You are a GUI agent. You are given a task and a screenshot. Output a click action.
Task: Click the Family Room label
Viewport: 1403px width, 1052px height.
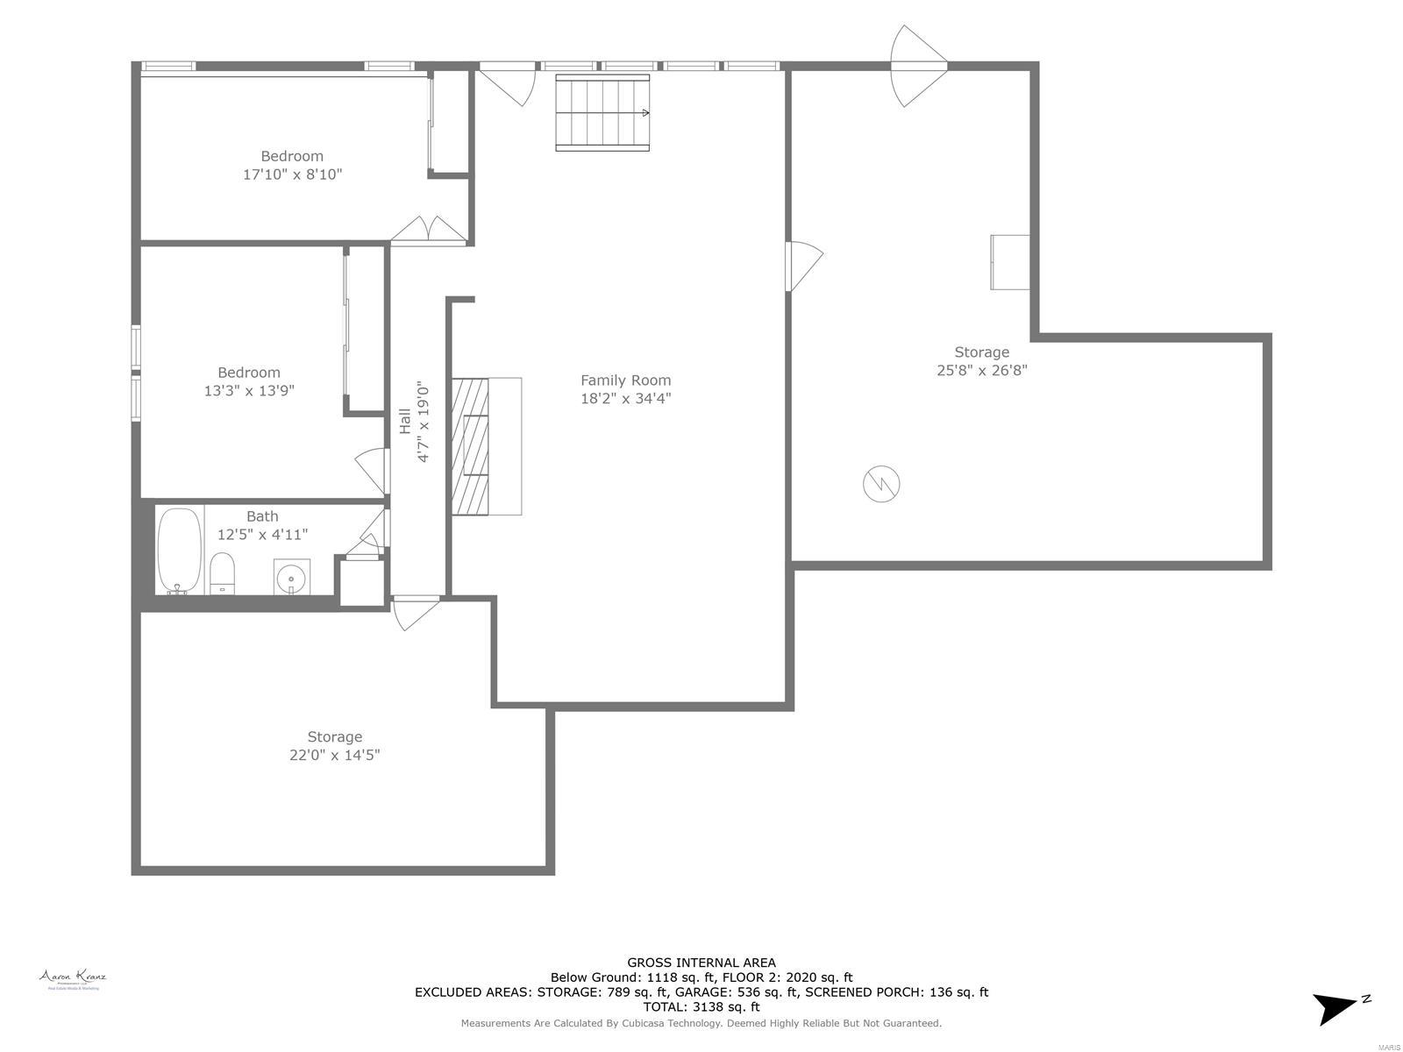tap(625, 380)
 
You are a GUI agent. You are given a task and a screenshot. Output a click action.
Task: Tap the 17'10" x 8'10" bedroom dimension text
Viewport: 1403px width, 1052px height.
tap(292, 174)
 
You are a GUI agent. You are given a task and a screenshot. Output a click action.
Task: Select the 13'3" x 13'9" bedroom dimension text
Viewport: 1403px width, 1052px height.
tap(249, 391)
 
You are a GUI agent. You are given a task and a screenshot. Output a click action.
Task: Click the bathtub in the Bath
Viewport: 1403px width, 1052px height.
tap(180, 551)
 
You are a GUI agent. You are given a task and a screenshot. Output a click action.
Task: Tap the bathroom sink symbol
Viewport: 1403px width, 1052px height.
tap(291, 578)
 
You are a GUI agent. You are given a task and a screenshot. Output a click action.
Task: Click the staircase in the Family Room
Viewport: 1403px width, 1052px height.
tap(602, 113)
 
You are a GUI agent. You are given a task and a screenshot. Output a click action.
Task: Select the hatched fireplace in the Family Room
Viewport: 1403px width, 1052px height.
tap(470, 446)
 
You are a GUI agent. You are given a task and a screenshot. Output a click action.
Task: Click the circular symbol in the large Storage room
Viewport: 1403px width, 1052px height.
tap(881, 484)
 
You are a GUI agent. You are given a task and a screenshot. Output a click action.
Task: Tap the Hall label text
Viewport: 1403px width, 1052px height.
tap(405, 421)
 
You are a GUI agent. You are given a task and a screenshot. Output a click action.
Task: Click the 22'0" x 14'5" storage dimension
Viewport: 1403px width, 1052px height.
tap(334, 756)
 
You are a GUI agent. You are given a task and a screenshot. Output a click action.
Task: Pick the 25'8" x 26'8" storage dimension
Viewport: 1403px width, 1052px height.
tap(981, 370)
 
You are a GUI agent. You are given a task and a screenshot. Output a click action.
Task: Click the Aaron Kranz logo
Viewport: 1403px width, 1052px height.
tap(73, 978)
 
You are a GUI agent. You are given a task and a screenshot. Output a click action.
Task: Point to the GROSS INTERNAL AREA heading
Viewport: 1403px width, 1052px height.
tap(701, 963)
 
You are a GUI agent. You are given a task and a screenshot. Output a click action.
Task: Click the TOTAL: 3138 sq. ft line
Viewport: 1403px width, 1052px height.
tap(701, 1007)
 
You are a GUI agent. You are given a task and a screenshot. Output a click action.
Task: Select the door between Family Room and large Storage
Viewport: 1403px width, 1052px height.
tap(802, 266)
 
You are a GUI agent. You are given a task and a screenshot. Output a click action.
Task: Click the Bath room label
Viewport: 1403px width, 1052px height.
tap(262, 516)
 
